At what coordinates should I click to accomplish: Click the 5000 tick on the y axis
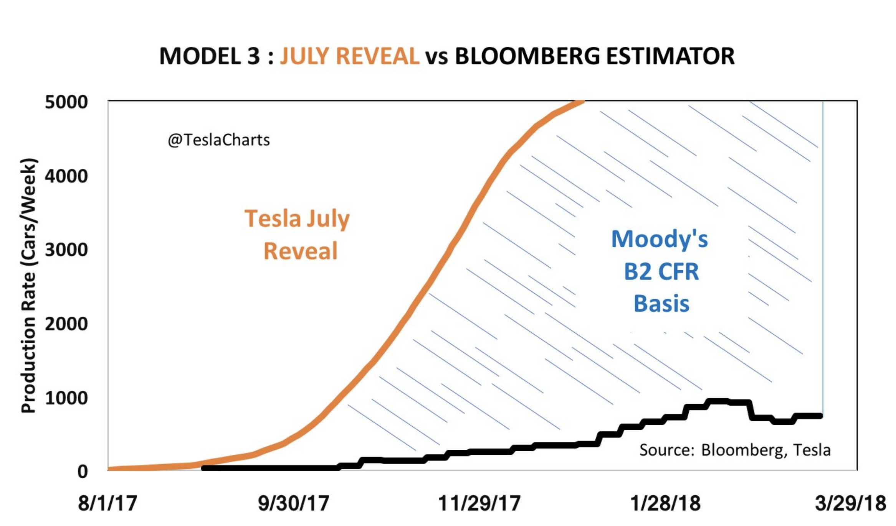tap(66, 102)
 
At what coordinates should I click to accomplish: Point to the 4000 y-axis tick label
tap(66, 176)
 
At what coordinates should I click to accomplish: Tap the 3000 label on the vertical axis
tap(66, 250)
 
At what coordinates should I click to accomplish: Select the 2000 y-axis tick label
tap(66, 324)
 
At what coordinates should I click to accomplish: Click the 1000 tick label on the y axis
tap(66, 398)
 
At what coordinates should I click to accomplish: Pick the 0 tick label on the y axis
tap(82, 472)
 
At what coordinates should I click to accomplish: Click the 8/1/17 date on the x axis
tap(107, 503)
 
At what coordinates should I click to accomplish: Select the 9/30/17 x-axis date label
tap(293, 503)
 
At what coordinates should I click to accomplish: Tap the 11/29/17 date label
tap(479, 503)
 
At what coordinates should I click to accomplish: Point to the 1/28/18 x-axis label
tap(665, 503)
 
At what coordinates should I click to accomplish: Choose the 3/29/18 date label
tap(850, 503)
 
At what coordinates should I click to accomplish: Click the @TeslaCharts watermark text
tap(219, 140)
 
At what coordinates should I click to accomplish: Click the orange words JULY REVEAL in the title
tap(349, 56)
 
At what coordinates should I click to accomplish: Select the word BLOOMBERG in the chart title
tap(527, 56)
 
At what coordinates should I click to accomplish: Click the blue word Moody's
tap(659, 239)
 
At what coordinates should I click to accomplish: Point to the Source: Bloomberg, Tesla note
tap(734, 450)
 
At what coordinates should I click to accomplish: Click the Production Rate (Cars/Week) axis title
tap(28, 286)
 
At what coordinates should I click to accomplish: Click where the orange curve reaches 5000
tap(582, 101)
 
